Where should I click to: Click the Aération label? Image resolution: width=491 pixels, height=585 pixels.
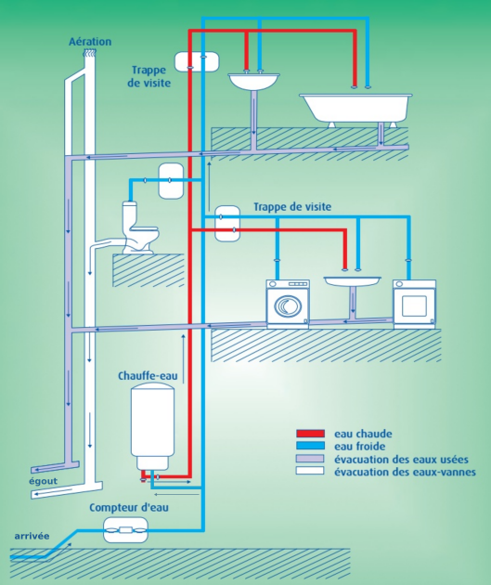90,42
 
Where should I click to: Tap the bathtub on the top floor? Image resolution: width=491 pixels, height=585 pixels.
356,109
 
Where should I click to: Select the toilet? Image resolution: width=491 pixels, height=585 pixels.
140,227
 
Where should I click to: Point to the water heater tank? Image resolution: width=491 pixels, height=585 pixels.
152,427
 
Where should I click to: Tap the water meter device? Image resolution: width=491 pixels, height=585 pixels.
125,530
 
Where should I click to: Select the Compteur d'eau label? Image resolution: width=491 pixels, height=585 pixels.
129,507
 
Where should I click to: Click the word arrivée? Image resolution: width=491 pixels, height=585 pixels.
32,536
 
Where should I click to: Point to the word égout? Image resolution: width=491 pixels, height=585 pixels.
44,481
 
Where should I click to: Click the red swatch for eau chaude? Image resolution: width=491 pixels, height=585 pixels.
310,434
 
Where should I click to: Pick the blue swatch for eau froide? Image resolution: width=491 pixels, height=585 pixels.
310,446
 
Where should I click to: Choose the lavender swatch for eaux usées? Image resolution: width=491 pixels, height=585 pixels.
310,459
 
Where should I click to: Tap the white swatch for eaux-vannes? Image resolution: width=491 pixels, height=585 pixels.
310,471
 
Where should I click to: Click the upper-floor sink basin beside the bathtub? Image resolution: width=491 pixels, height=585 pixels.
253,82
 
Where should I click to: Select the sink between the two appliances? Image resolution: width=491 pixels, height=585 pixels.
353,281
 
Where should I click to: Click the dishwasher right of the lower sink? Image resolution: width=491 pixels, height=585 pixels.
415,304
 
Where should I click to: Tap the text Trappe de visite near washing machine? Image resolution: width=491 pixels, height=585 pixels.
292,207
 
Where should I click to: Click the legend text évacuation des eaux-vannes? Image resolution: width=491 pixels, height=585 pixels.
405,472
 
